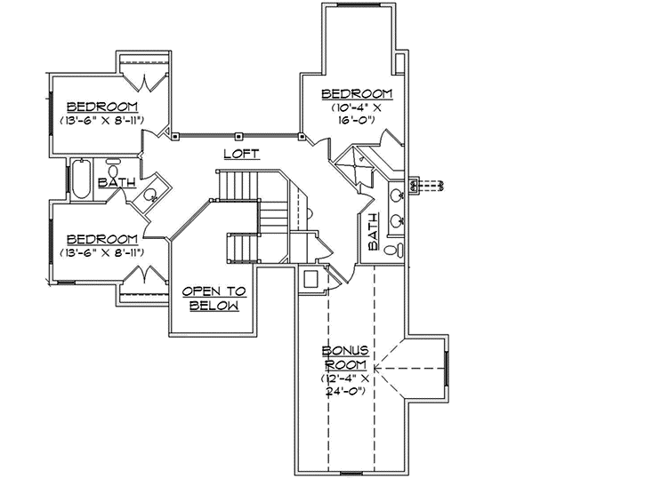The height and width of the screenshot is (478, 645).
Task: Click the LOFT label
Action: coord(240,154)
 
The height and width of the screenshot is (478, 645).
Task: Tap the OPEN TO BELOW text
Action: coord(214,299)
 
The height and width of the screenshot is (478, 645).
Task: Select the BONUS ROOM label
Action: coord(346,358)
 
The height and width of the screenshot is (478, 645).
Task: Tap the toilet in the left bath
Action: coord(114,170)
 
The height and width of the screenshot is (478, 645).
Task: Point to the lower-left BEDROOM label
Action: coord(102,239)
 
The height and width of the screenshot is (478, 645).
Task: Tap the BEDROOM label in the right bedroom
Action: coord(357,94)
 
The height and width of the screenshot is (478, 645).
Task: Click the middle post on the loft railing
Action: coord(238,136)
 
